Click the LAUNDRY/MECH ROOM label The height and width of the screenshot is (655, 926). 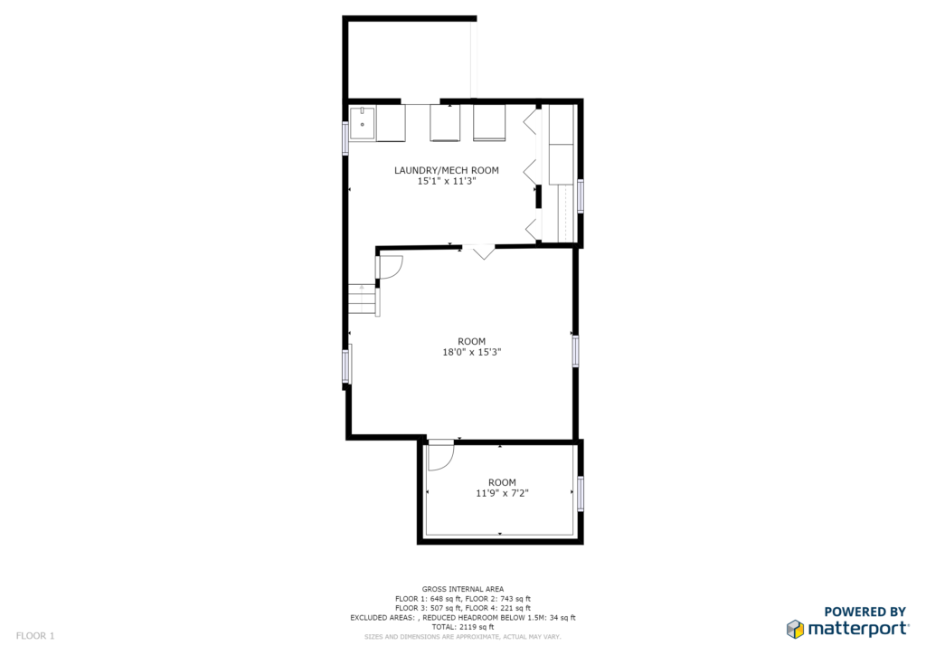[x=447, y=171]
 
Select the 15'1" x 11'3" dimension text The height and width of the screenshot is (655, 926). [x=447, y=181]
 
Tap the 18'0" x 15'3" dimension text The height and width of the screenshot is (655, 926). [x=472, y=352]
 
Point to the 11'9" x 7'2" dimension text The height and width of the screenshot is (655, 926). [x=502, y=493]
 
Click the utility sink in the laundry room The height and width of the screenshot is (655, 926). [x=362, y=123]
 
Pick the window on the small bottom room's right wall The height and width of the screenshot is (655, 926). [x=581, y=493]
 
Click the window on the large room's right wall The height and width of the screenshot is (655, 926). [x=575, y=351]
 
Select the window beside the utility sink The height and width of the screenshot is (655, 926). [x=346, y=138]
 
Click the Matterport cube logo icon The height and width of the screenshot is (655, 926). [x=796, y=629]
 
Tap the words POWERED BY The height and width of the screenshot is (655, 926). [x=865, y=612]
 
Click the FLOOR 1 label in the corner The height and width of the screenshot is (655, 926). [x=35, y=636]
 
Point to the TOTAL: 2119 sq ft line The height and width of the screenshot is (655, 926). [x=462, y=627]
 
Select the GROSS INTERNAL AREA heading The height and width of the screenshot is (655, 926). [x=463, y=589]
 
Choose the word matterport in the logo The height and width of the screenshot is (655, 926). [x=857, y=629]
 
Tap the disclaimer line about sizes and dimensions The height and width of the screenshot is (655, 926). [x=462, y=637]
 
